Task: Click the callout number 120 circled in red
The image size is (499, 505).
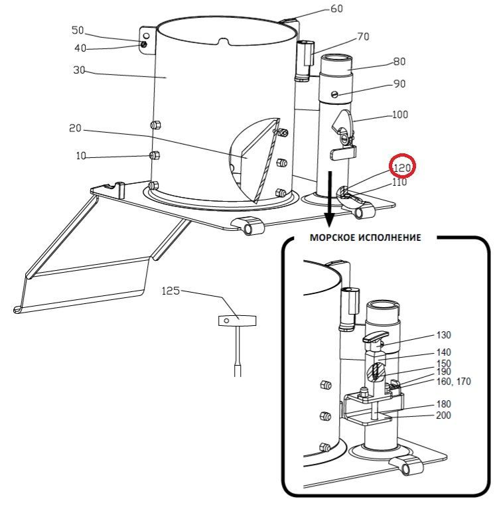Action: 402,167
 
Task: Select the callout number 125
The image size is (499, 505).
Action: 171,291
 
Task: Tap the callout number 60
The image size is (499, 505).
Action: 336,9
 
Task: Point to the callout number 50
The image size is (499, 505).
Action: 78,31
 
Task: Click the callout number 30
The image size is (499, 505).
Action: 79,70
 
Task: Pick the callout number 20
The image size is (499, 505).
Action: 75,128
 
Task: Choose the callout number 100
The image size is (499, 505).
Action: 399,114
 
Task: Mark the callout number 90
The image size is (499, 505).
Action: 399,84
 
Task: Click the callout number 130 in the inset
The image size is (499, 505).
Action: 443,335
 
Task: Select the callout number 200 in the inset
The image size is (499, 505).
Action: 443,415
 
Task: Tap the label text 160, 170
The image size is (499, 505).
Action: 454,382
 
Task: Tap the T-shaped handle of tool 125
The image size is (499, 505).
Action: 237,321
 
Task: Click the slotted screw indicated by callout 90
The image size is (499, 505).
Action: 334,94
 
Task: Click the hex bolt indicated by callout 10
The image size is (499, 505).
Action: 155,156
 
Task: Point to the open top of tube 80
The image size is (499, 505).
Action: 336,58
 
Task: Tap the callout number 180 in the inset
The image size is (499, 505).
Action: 443,404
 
